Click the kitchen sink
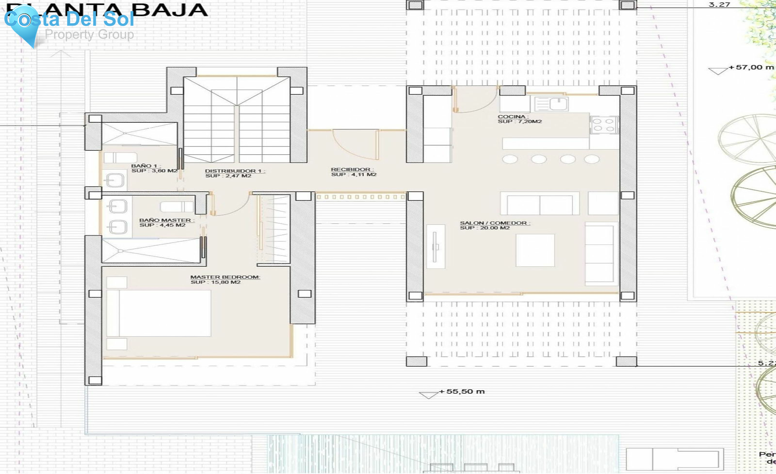tap(558, 104)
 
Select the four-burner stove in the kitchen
tap(604, 125)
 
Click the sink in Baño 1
tap(115, 181)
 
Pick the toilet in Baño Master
tap(176, 207)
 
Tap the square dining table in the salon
tap(535, 250)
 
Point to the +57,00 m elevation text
tap(751, 67)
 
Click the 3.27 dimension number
tap(719, 5)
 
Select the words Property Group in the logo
tap(89, 34)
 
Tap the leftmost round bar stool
tap(510, 159)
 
